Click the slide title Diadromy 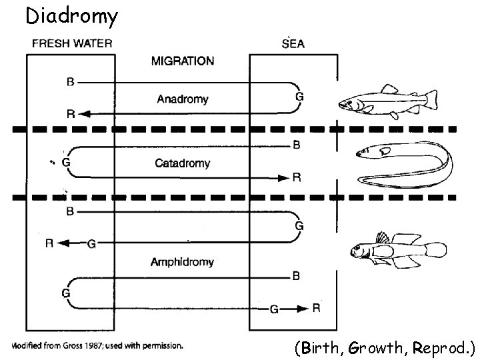(72, 15)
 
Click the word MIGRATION (183, 61)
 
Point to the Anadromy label (182, 99)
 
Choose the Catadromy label (182, 163)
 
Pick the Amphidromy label (182, 262)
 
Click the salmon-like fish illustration (387, 100)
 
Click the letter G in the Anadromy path (299, 97)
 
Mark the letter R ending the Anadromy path (70, 114)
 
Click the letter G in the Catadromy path (65, 162)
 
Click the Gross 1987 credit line (97, 346)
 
